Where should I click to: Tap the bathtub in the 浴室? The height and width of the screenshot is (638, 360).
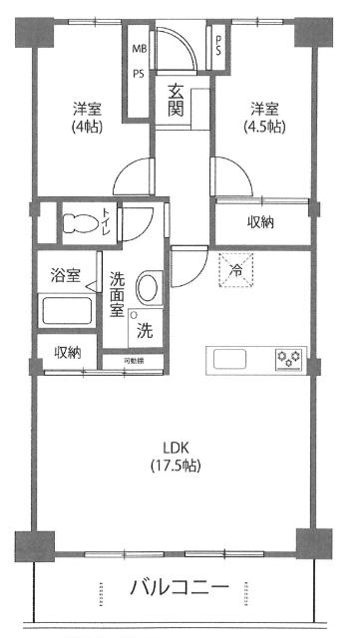coord(67,311)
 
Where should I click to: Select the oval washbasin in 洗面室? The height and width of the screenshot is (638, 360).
coord(147,290)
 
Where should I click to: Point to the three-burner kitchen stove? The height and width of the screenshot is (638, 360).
coord(289,357)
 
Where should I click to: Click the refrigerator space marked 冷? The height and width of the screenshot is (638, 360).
coord(237,270)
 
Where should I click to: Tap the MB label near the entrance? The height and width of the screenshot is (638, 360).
coord(138,47)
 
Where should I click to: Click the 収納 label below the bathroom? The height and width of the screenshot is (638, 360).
coord(68,351)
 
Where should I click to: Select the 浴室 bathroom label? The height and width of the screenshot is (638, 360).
coord(66,275)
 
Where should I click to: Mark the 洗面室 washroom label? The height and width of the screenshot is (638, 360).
coord(116,294)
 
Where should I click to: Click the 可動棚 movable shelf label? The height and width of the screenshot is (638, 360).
coord(134,360)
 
